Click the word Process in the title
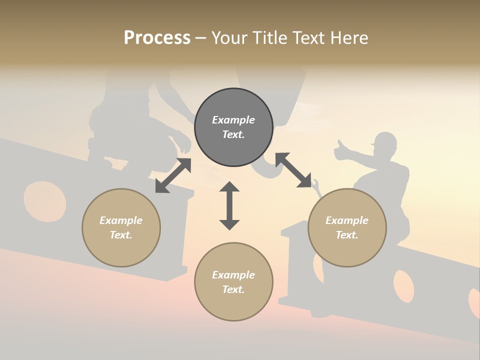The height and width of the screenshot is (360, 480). (157, 38)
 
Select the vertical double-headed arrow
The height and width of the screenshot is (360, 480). (229, 205)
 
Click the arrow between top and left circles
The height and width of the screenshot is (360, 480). (173, 175)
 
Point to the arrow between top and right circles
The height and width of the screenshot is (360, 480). (293, 170)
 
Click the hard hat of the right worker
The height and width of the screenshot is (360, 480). (384, 140)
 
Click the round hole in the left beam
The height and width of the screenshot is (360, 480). (44, 200)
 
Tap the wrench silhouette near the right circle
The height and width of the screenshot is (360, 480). (316, 186)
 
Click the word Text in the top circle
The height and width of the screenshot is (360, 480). (233, 134)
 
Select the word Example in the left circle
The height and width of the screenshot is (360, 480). (121, 220)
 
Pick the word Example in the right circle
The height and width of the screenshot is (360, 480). (347, 220)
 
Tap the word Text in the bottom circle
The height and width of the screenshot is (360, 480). (233, 289)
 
